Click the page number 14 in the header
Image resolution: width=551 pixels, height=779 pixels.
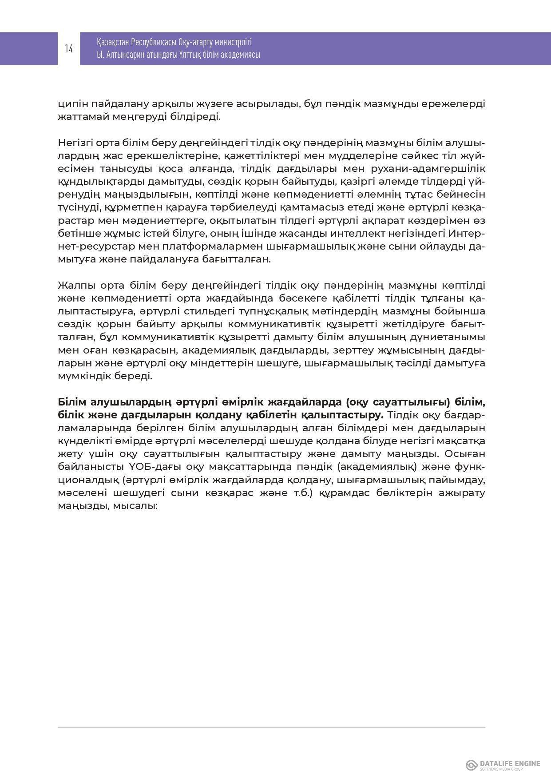(69, 48)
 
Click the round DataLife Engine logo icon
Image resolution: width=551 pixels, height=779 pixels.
(472, 765)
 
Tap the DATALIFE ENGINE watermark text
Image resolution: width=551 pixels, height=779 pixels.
(510, 763)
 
